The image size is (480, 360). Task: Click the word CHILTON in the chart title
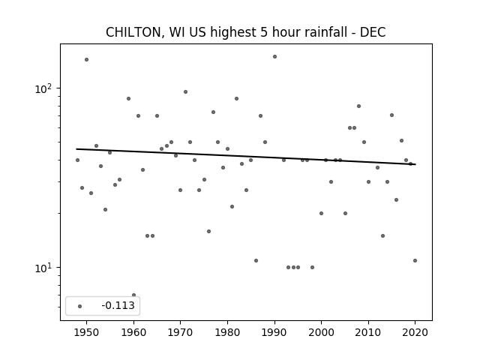[x=133, y=32]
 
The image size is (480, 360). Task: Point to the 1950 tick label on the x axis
[x=87, y=332]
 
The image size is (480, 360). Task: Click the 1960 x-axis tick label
[x=133, y=332]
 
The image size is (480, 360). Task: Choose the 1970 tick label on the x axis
[x=180, y=332]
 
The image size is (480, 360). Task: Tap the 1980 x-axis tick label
[x=227, y=332]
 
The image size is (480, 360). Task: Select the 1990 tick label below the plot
[x=274, y=332]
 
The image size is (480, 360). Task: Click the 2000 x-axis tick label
[x=321, y=332]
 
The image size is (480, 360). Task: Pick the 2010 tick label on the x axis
[x=368, y=332]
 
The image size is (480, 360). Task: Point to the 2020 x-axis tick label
[x=415, y=332]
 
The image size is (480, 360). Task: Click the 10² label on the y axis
[x=43, y=88]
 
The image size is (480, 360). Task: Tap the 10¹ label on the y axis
[x=43, y=268]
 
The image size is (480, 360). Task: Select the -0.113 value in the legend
[x=118, y=305]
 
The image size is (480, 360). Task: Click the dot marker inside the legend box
[x=79, y=306]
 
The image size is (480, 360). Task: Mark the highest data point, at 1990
[x=274, y=57]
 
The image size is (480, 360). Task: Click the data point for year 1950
[x=87, y=60]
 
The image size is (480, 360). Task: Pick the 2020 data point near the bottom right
[x=415, y=260]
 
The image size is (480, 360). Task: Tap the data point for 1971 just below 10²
[x=185, y=91]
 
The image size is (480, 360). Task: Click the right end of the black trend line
[x=415, y=164]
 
